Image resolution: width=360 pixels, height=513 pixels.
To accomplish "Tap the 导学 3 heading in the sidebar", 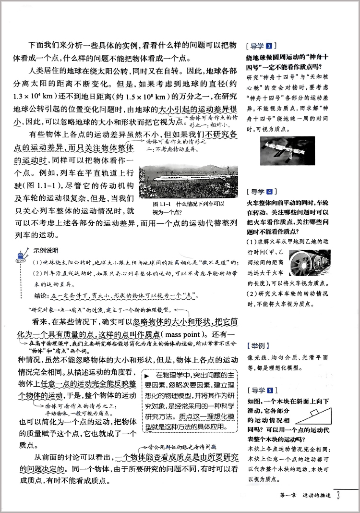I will coord(259,46).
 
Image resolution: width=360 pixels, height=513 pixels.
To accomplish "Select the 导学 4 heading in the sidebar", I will coord(259,191).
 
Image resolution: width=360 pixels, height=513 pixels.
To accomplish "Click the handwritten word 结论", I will coord(43,295).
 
